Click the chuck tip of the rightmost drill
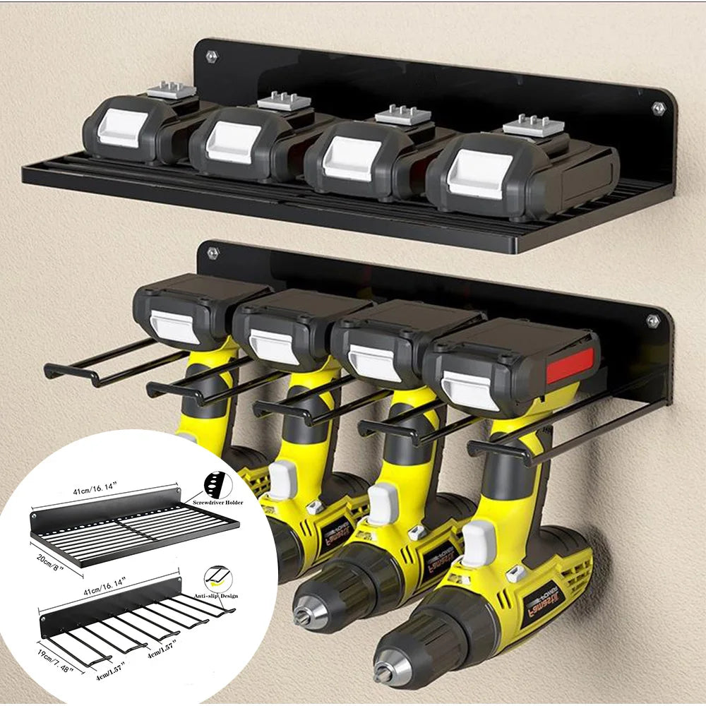[383, 674]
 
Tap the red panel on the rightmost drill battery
[570, 365]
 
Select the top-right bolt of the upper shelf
[658, 108]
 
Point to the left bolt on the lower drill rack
[213, 252]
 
